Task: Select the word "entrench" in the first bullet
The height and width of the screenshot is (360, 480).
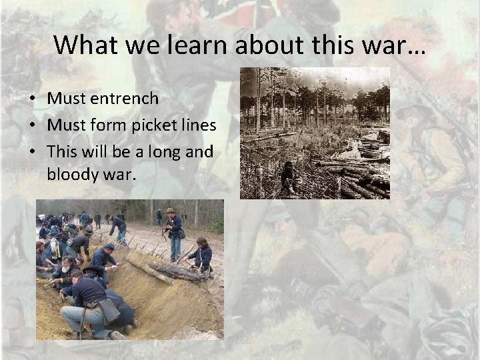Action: tap(125, 99)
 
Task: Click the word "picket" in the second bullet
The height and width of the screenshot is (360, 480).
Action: tap(155, 125)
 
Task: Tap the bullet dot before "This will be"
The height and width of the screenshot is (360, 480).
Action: tap(32, 153)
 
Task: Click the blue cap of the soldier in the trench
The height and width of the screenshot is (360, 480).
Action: tap(109, 247)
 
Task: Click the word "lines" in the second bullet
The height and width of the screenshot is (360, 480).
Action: tap(199, 125)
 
